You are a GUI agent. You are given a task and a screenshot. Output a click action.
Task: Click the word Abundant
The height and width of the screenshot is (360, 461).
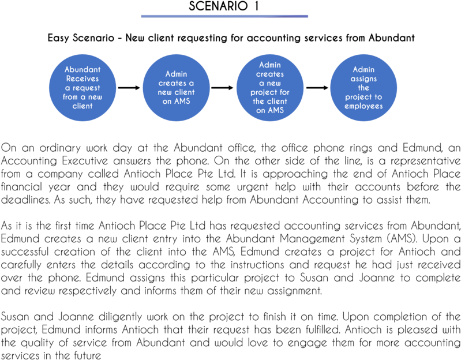point(83,70)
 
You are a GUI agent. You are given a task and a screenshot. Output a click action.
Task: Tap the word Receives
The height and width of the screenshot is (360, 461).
point(83,79)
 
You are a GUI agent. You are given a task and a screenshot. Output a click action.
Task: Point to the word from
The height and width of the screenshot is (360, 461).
point(70,97)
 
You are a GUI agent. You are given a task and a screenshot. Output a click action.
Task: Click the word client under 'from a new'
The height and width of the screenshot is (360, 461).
point(83,106)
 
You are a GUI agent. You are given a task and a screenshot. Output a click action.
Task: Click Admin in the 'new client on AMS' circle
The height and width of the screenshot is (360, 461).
point(177,74)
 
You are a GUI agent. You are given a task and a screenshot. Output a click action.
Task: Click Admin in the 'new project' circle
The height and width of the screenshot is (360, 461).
point(270,65)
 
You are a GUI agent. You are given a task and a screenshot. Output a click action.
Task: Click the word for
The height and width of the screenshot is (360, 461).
point(284,92)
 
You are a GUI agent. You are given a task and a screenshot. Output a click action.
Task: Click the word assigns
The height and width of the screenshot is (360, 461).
point(363,79)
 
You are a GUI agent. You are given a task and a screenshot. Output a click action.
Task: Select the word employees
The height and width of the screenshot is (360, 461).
point(363,106)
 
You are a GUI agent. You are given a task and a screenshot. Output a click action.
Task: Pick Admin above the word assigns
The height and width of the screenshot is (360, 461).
point(363,70)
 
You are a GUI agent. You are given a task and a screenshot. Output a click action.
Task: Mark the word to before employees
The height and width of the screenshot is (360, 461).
point(378,97)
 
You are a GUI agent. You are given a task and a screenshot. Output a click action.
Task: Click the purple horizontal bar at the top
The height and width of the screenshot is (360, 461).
point(224,16)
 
